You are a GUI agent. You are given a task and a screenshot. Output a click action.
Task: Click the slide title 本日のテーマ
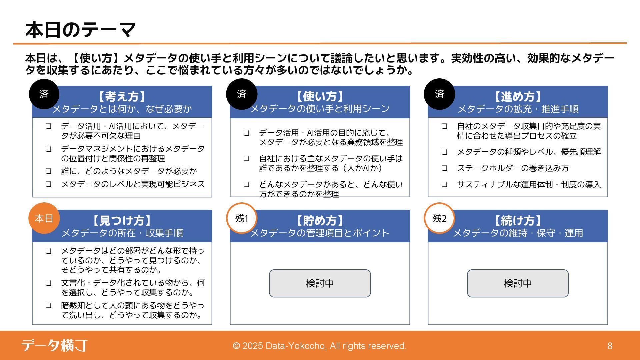tap(80, 30)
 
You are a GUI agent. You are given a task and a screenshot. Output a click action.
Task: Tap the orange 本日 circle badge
tap(44, 218)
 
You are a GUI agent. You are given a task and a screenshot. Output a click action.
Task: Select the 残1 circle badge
tap(242, 218)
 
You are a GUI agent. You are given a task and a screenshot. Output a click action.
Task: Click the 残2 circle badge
tap(439, 218)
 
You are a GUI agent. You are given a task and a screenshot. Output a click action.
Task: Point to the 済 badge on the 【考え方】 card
tap(44, 94)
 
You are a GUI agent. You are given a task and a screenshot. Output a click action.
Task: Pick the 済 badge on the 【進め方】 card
tap(439, 94)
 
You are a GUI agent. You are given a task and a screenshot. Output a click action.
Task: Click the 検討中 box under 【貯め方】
tap(320, 283)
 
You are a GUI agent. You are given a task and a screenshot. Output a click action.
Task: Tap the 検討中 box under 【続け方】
tap(518, 283)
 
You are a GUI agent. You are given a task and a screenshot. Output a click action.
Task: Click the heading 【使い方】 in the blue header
tap(320, 96)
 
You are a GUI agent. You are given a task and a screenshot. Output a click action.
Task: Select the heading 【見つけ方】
tap(122, 221)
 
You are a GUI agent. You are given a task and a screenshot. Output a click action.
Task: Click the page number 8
tap(610, 346)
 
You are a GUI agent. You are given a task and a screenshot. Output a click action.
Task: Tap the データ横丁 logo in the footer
tap(55, 345)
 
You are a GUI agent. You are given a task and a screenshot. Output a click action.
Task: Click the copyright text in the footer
tap(319, 346)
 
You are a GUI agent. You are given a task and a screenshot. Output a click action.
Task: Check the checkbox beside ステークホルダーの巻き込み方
tap(444, 168)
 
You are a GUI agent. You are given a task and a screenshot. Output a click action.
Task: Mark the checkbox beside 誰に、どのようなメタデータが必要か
tap(49, 171)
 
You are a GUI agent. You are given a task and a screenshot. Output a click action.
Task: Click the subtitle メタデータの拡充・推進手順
tap(518, 109)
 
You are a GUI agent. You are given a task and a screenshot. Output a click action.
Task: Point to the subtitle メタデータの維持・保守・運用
tap(518, 233)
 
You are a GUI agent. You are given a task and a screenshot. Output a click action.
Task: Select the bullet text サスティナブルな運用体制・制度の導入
tap(529, 184)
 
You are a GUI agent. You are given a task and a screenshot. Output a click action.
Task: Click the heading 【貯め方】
tap(320, 221)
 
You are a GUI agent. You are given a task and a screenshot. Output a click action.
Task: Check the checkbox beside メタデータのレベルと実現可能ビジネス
tap(49, 184)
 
